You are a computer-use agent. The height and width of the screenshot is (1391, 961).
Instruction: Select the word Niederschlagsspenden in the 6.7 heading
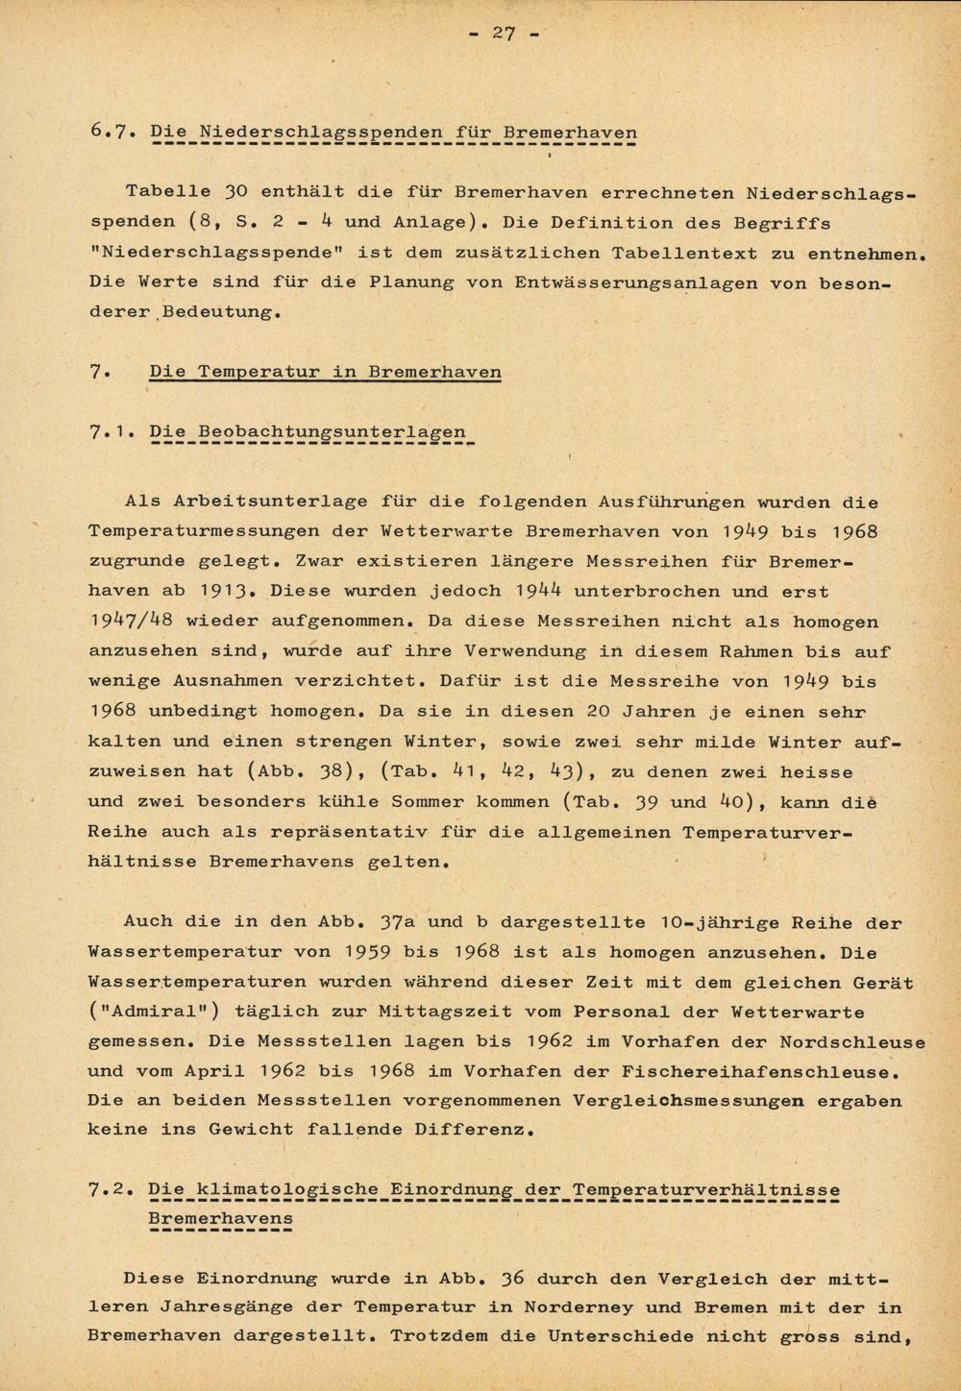point(320,133)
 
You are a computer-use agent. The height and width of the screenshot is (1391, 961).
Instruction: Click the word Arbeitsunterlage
point(270,501)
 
